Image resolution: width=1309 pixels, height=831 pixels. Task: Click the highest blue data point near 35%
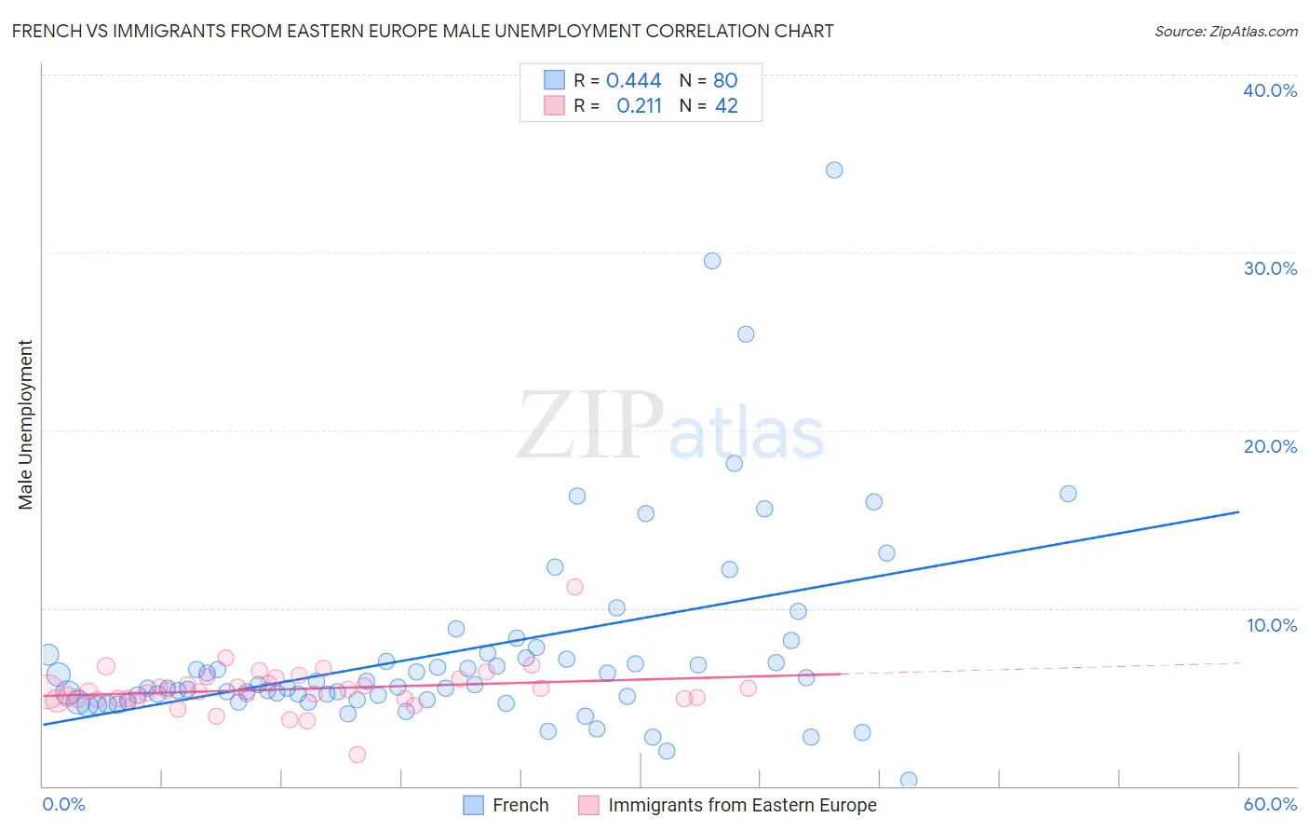[x=834, y=170]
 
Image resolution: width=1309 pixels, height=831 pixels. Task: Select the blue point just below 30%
[x=712, y=261]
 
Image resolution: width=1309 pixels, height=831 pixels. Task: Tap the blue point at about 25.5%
[x=746, y=334]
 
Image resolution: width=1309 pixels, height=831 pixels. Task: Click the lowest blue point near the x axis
[x=909, y=780]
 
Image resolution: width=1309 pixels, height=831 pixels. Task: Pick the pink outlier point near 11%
[x=574, y=587]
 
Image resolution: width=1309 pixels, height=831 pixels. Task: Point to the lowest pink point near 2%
[x=357, y=755]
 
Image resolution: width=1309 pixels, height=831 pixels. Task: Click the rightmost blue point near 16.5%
[x=1068, y=494]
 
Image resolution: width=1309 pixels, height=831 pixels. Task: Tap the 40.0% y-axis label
[x=1270, y=90]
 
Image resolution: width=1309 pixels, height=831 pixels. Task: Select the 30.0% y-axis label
[x=1270, y=268]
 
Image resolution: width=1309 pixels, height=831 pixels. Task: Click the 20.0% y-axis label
[x=1270, y=446]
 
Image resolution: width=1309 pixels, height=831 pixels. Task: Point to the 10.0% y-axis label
[x=1271, y=625]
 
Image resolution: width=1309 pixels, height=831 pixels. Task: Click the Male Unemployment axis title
[x=26, y=425]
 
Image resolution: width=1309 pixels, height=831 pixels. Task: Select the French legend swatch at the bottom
[x=473, y=806]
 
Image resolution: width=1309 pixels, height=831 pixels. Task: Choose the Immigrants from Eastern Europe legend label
[x=742, y=806]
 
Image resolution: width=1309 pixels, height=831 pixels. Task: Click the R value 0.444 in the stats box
[x=633, y=81]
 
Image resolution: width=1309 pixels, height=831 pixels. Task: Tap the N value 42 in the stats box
[x=726, y=106]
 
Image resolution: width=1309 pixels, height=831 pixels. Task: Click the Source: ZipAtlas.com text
[x=1225, y=32]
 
